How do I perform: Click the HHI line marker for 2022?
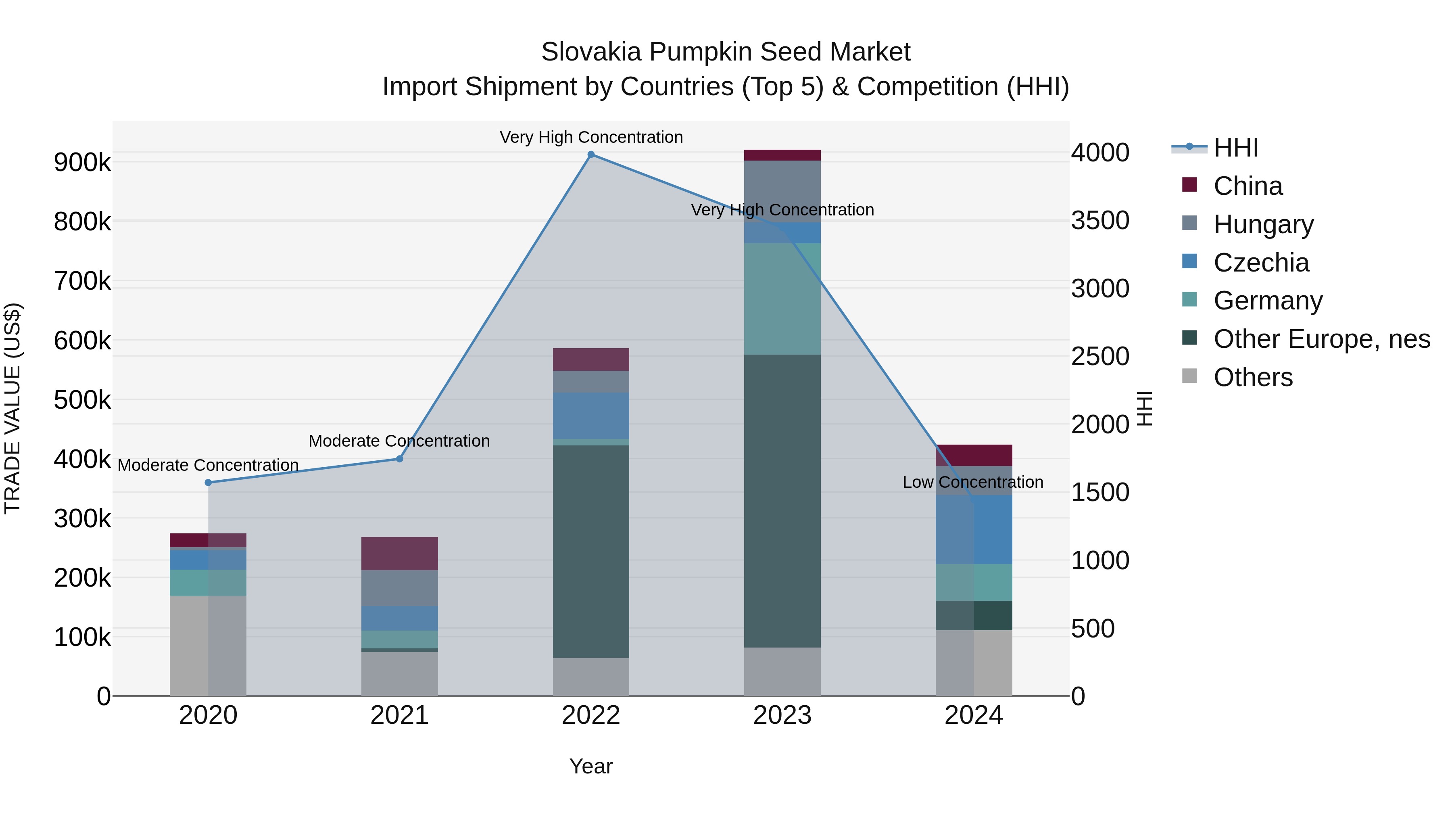tap(591, 155)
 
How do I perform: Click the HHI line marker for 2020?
tap(208, 483)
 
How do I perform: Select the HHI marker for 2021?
tap(400, 459)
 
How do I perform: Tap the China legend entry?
tap(1248, 186)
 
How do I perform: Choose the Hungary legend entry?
tap(1263, 224)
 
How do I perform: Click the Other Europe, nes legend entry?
tap(1321, 339)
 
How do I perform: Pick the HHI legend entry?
tap(1235, 148)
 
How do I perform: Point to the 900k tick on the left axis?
tap(82, 162)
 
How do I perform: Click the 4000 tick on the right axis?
tap(1100, 153)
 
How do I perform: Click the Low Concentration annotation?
tap(973, 483)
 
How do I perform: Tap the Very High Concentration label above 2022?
tap(591, 138)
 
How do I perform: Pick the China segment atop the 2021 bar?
tap(400, 553)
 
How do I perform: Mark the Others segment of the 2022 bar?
tap(591, 677)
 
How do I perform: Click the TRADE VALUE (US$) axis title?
tap(13, 408)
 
